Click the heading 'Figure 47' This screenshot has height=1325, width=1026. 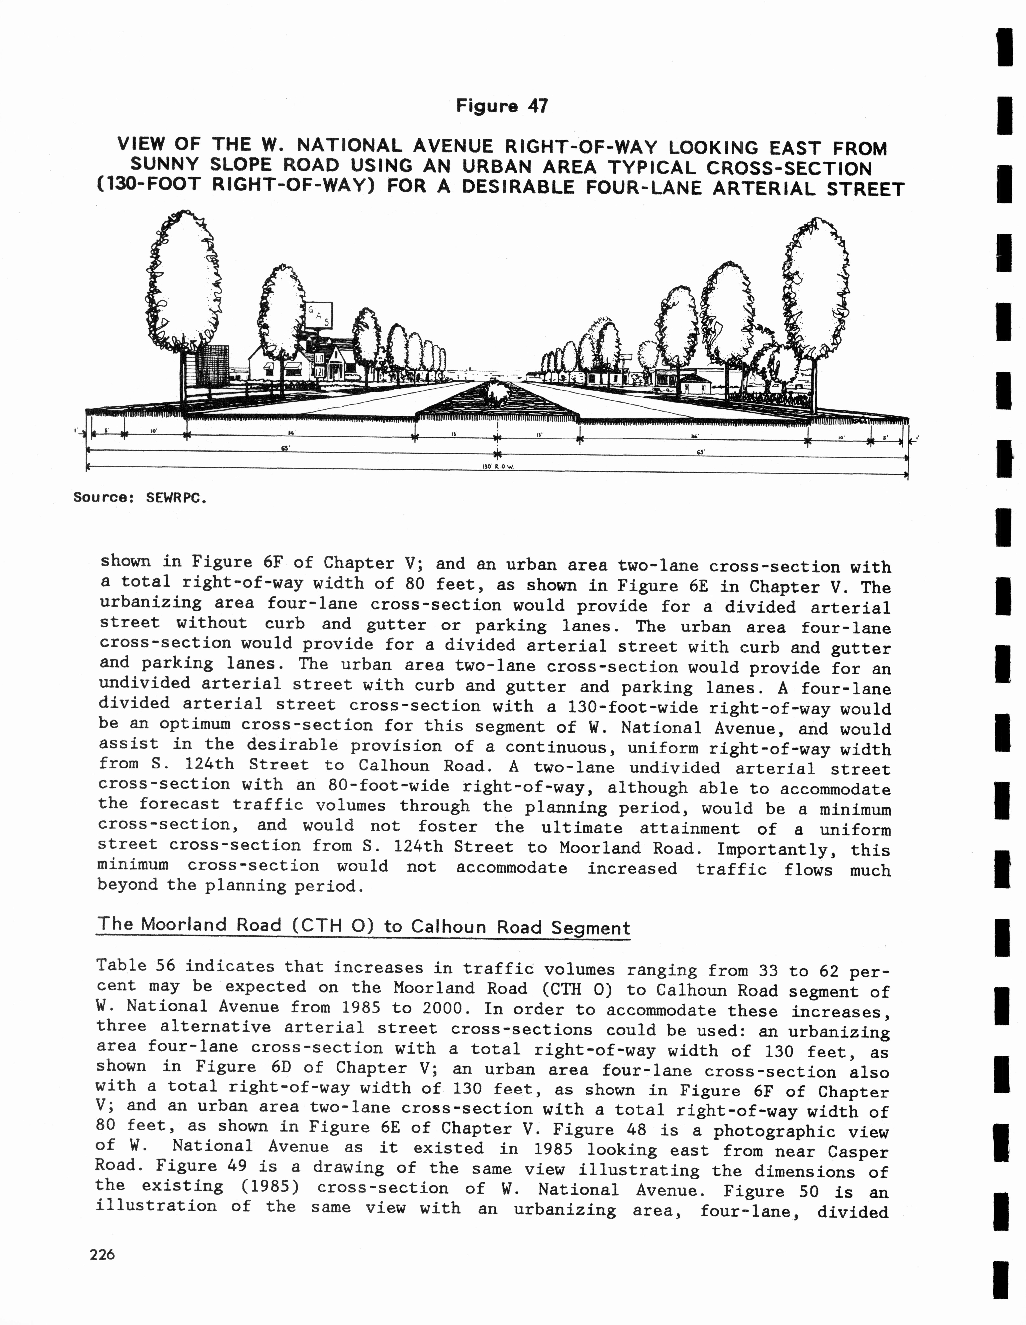[502, 106]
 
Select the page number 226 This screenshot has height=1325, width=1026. [102, 1254]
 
